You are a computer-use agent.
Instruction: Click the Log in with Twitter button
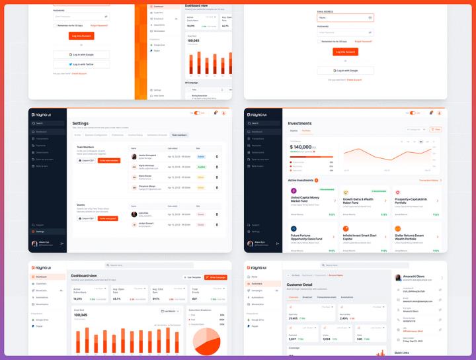pyautogui.click(x=81, y=64)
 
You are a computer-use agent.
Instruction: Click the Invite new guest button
pyautogui.click(x=108, y=218)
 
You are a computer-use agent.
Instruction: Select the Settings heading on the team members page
pyautogui.click(x=81, y=123)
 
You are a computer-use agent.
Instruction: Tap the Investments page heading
pyautogui.click(x=300, y=123)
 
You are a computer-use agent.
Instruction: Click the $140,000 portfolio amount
pyautogui.click(x=301, y=147)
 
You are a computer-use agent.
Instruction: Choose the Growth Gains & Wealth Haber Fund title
pyautogui.click(x=358, y=201)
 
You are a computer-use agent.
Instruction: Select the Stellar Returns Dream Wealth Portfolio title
pyautogui.click(x=410, y=236)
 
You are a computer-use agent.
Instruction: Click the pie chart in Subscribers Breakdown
pyautogui.click(x=206, y=334)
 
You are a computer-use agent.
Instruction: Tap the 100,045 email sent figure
pyautogui.click(x=83, y=314)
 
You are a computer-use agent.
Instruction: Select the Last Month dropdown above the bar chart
pyautogui.click(x=170, y=310)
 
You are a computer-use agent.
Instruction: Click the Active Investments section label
pyautogui.click(x=301, y=180)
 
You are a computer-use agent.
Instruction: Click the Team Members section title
pyautogui.click(x=86, y=146)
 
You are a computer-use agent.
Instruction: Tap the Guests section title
pyautogui.click(x=81, y=205)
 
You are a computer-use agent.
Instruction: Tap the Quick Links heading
pyautogui.click(x=402, y=353)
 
